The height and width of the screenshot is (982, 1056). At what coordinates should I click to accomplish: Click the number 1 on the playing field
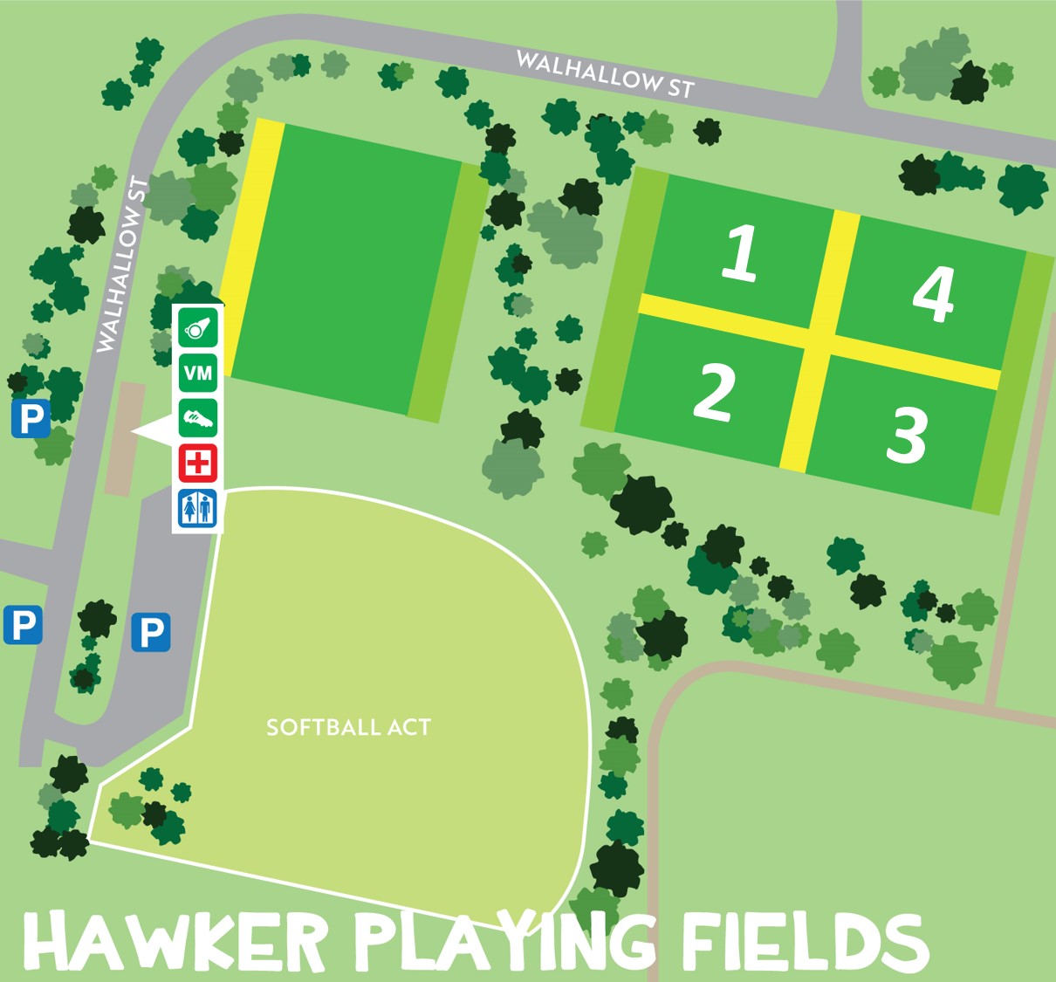[740, 253]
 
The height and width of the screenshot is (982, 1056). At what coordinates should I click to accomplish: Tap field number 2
[714, 393]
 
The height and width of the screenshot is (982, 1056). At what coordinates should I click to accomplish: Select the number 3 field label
[906, 435]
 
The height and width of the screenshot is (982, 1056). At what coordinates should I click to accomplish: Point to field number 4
[933, 294]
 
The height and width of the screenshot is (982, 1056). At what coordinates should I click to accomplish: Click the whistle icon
[198, 328]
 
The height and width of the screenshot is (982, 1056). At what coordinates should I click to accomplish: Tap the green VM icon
[198, 374]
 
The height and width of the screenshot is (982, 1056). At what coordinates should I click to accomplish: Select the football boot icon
[198, 418]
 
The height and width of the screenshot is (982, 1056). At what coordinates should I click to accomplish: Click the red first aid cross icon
[198, 463]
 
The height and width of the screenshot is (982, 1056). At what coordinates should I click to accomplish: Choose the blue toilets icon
[198, 508]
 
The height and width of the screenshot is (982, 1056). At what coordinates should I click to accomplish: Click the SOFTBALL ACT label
[348, 727]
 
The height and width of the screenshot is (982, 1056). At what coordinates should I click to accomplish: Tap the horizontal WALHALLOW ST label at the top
[605, 74]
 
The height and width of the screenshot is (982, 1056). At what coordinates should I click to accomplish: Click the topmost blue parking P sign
[31, 419]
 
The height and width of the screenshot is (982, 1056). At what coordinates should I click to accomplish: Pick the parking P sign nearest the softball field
[151, 632]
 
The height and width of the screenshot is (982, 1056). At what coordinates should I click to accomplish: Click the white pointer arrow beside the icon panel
[153, 430]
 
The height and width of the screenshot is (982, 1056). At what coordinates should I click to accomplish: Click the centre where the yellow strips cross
[819, 340]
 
